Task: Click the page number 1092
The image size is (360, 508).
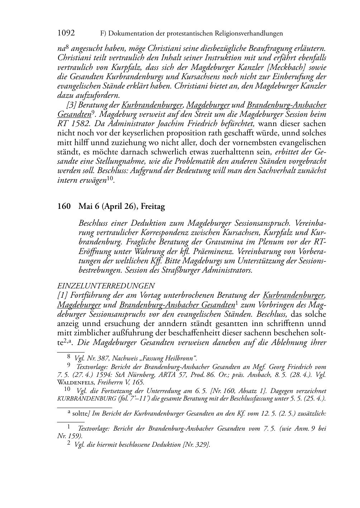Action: pos(66,33)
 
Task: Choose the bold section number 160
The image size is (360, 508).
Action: pos(64,207)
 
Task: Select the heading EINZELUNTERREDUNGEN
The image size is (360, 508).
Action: pos(106,286)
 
